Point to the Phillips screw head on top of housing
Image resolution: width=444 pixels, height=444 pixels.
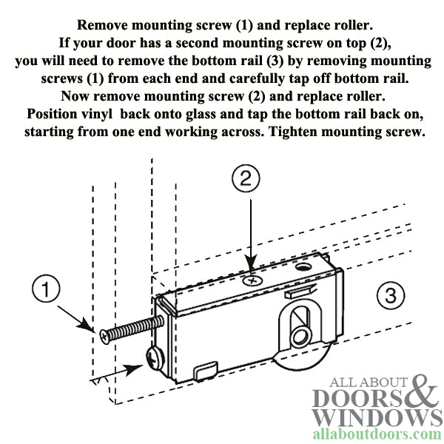[x=253, y=280]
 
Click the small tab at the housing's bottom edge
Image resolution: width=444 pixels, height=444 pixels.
[x=206, y=366]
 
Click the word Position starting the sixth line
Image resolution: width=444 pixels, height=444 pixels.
[x=54, y=115]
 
